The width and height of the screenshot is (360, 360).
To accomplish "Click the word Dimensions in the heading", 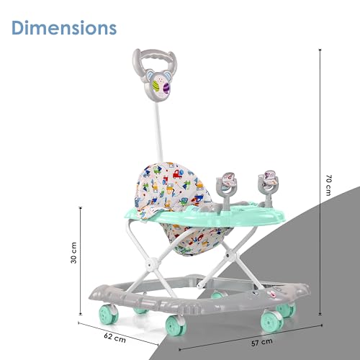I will pyautogui.click(x=63, y=28).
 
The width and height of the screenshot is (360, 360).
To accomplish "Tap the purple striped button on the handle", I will pyautogui.click(x=167, y=88).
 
